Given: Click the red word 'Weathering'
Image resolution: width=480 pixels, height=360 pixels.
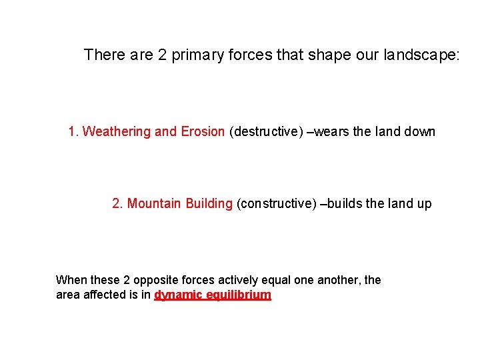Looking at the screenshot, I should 117,131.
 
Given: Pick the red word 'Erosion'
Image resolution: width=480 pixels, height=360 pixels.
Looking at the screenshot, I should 203,131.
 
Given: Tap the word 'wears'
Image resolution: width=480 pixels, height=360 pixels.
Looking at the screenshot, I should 332,131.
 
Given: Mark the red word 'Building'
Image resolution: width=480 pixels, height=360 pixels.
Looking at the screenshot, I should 209,203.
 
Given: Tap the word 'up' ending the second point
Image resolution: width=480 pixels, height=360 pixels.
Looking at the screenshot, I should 424,203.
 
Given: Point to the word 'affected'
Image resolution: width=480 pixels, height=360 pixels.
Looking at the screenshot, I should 103,295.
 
